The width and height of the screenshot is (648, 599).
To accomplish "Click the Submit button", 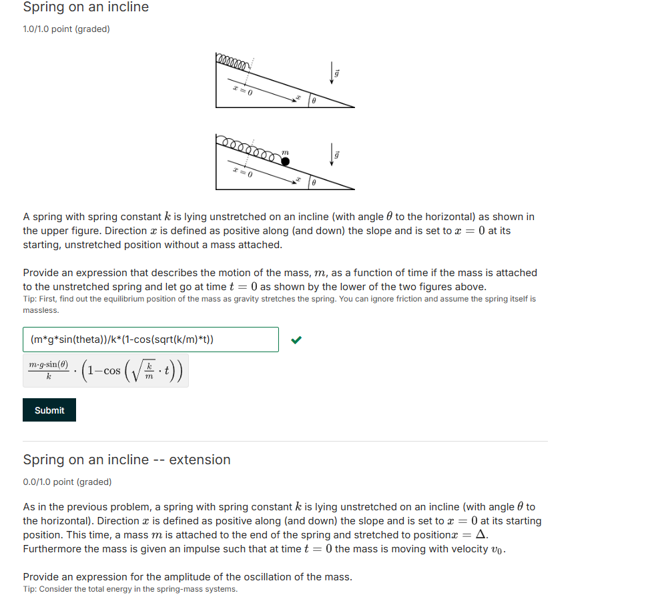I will click(49, 410).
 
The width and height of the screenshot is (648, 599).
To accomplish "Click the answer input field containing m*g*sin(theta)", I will click(150, 340).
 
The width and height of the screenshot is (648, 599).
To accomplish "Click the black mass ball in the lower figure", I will click(285, 161).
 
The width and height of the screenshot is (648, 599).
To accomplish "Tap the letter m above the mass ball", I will click(285, 152).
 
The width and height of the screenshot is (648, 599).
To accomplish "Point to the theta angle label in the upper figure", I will click(314, 102).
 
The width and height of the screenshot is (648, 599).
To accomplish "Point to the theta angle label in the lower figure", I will click(314, 182).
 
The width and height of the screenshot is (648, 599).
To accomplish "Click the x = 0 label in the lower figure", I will click(242, 172).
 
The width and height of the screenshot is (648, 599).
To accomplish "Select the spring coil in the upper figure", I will click(233, 61).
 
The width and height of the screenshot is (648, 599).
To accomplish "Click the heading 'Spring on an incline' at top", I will click(85, 7).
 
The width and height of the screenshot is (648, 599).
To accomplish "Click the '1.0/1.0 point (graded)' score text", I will click(66, 29).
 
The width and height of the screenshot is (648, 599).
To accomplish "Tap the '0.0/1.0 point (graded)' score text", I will click(67, 482).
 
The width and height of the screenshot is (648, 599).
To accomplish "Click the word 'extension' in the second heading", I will click(200, 460).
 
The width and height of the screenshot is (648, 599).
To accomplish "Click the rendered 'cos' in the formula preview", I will click(111, 370).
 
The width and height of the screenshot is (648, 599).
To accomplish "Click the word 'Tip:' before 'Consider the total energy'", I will click(30, 589).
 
